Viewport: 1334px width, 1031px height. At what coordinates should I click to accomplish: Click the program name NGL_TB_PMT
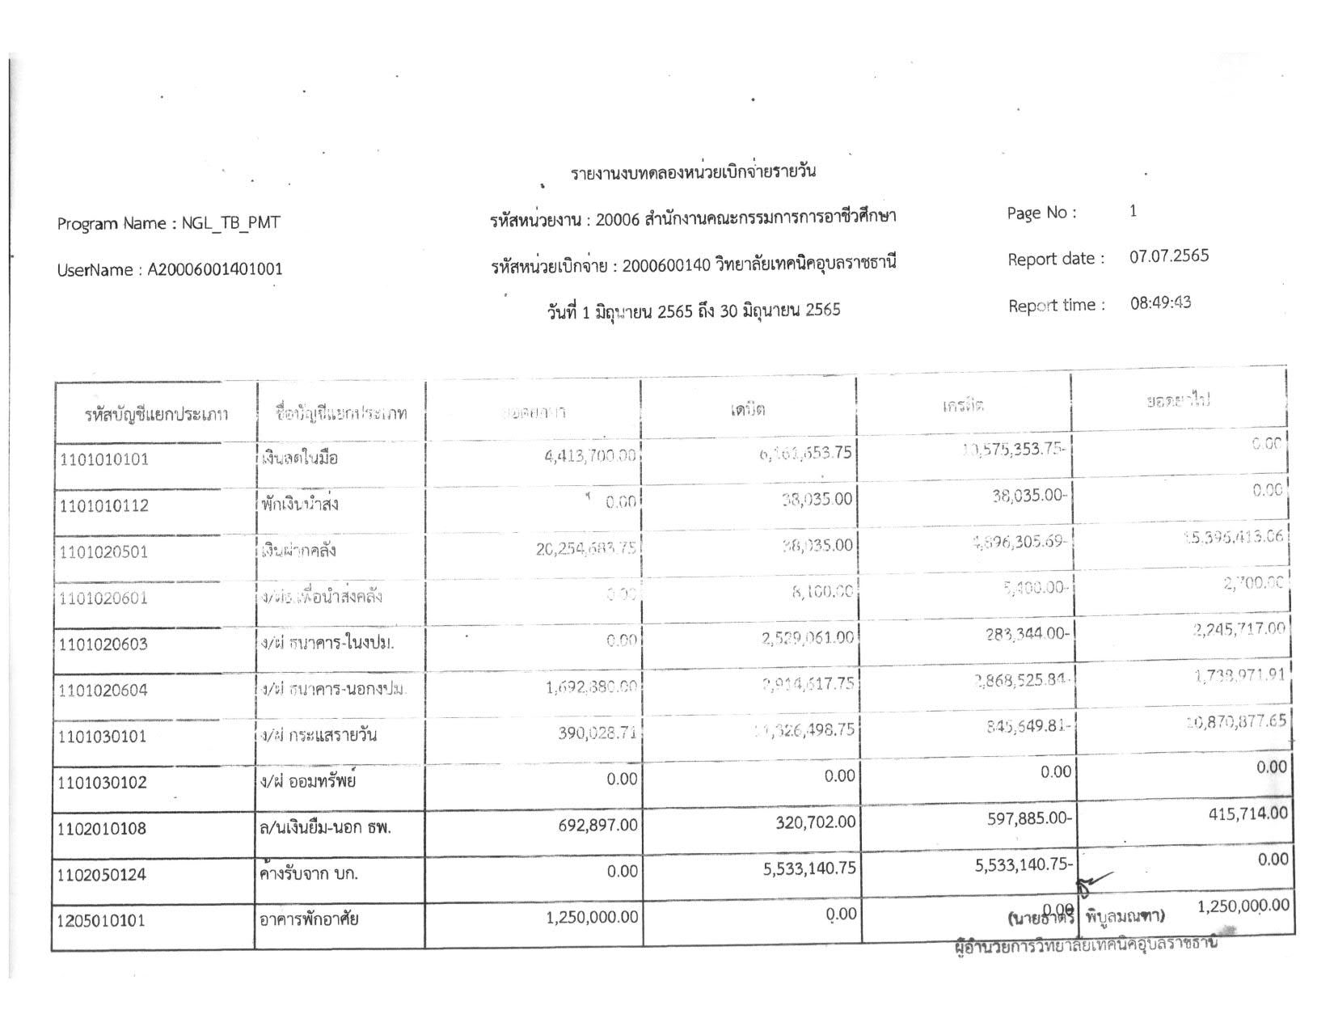(230, 223)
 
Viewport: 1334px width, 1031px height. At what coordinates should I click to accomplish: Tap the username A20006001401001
(214, 269)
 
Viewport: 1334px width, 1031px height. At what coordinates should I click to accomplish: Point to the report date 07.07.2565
(1168, 256)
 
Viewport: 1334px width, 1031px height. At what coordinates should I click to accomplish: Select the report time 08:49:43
(1160, 303)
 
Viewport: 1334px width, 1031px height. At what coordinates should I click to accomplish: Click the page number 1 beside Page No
(1133, 211)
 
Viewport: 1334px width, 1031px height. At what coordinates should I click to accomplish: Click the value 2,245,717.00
(1239, 629)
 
